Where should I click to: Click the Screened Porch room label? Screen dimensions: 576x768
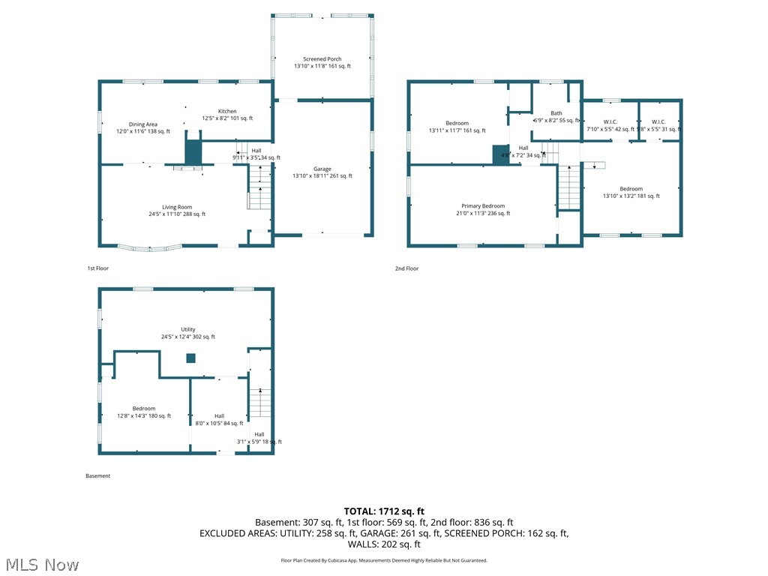[322, 59]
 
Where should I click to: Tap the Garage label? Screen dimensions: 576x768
[322, 169]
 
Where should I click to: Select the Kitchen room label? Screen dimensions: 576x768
[227, 112]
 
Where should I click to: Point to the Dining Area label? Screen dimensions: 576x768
[142, 124]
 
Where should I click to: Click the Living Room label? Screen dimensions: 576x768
[177, 208]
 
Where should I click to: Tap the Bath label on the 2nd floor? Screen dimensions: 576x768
[556, 113]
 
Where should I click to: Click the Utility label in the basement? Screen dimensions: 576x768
[187, 330]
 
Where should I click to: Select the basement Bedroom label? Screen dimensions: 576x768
[144, 409]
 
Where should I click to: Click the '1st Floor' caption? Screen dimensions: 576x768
[97, 268]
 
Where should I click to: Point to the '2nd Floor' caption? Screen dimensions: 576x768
[406, 268]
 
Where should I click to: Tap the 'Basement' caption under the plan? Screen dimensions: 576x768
[97, 475]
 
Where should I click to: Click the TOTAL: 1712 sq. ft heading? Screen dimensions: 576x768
[384, 511]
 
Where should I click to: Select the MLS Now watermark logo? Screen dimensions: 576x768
[41, 564]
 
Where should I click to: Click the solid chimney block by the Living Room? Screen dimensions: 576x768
[193, 149]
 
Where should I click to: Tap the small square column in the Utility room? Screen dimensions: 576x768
[190, 358]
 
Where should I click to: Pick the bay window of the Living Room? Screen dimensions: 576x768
[149, 247]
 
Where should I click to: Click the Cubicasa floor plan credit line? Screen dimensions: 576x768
[384, 560]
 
